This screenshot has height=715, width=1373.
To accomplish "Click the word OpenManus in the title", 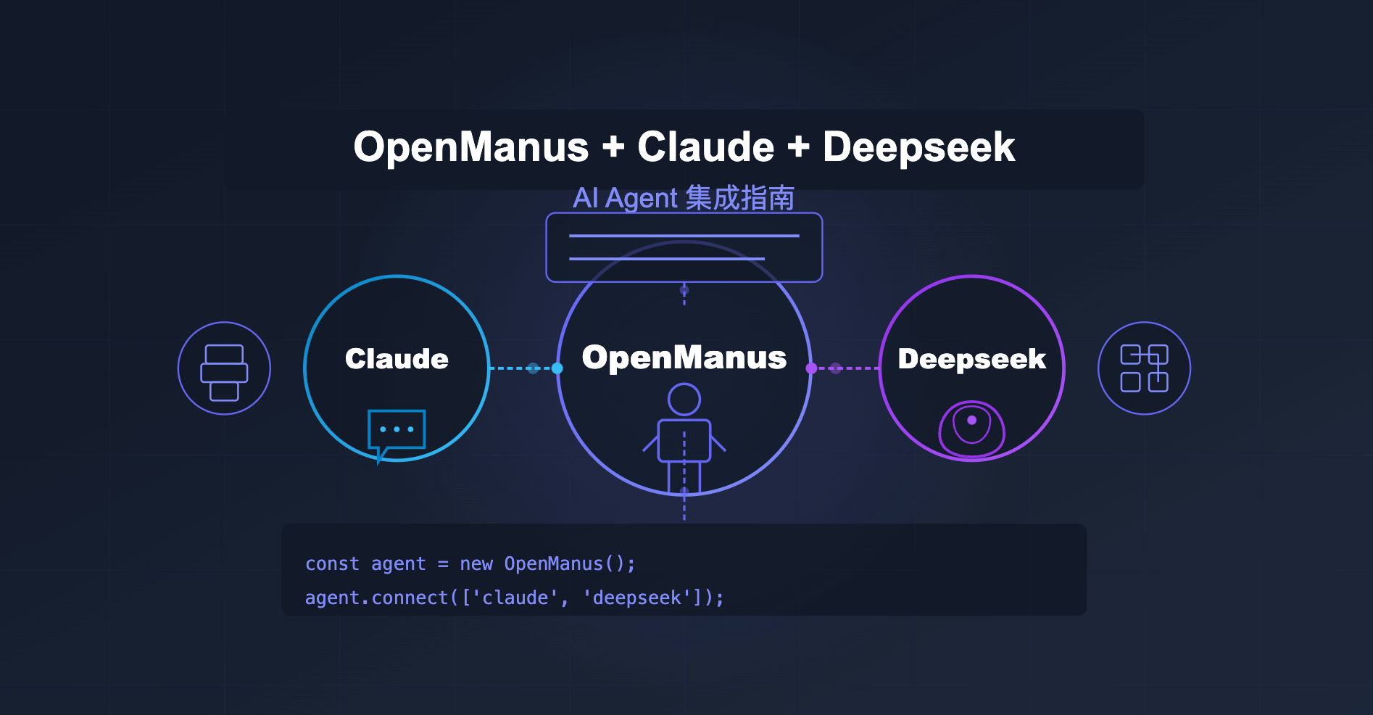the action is coord(471,147).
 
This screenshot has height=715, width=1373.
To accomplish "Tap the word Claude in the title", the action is coord(706,147).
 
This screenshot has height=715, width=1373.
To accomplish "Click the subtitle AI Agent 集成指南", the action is coord(684,198).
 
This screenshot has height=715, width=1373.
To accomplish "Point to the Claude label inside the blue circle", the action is coord(397,359).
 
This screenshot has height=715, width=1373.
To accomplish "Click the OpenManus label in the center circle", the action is coord(684,357).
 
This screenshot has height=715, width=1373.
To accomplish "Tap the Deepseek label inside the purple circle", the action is coord(971,360).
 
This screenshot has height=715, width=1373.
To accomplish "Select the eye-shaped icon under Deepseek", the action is coord(971,429).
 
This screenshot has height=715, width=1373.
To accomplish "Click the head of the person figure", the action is coord(684,400).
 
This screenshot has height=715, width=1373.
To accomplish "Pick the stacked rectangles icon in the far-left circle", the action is coord(224,373).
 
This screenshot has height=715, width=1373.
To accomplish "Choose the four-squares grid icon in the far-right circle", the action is coord(1145,368).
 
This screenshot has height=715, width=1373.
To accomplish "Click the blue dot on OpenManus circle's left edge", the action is coord(557,368).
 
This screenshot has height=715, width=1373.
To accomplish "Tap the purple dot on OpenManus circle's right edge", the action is coord(811,368).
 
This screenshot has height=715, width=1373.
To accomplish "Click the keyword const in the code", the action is coord(332,563).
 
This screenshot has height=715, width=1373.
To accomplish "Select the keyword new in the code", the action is coord(476,564).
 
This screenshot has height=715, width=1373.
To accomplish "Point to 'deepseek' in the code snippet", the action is coord(637,598).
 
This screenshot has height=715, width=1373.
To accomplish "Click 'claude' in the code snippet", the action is coord(515,598).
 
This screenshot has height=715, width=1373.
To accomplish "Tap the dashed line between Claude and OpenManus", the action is coord(523,368).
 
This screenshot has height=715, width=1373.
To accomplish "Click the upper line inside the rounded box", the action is coord(684,236).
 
